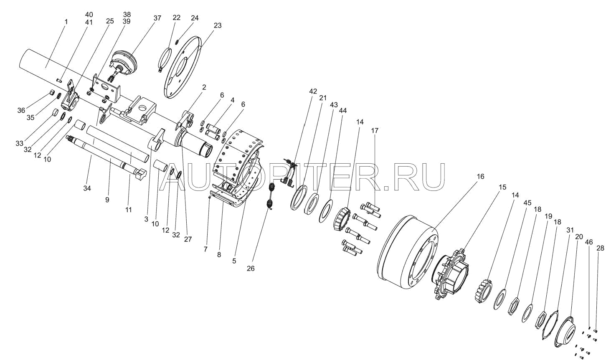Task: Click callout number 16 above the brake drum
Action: (x=480, y=176)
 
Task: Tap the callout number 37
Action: (x=157, y=18)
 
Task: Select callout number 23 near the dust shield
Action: (x=217, y=25)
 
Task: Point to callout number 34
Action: (x=86, y=188)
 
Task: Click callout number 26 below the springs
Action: (x=250, y=269)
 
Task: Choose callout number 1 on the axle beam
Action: (x=66, y=21)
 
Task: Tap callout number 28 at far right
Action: (x=600, y=248)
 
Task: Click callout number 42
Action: (x=313, y=91)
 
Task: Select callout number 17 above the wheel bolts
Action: (x=375, y=131)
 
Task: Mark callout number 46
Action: (x=589, y=242)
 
